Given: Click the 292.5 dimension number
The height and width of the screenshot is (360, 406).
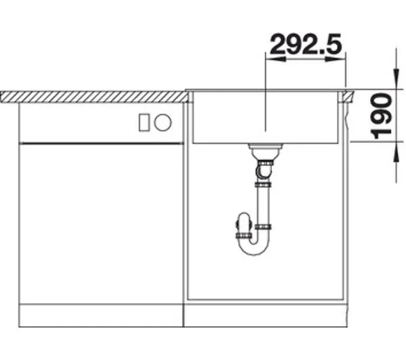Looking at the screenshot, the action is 306,43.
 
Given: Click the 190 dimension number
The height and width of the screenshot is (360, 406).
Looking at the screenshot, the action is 381,116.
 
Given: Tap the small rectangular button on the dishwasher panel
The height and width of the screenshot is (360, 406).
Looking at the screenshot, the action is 144,122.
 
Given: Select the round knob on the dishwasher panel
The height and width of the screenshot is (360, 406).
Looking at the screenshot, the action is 162,122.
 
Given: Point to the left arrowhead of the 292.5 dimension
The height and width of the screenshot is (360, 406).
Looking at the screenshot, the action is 276,59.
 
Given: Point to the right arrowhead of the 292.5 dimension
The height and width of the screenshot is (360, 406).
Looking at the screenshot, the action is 336,59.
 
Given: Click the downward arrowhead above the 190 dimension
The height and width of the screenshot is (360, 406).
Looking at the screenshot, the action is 396,78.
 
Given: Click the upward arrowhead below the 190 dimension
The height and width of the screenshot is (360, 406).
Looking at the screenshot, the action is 396,152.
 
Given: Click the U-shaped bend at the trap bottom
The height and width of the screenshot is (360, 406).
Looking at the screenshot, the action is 254,248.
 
